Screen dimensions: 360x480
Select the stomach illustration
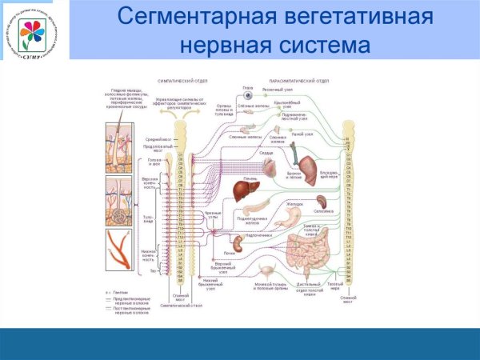point(294,213)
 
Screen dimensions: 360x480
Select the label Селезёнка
point(322,211)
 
